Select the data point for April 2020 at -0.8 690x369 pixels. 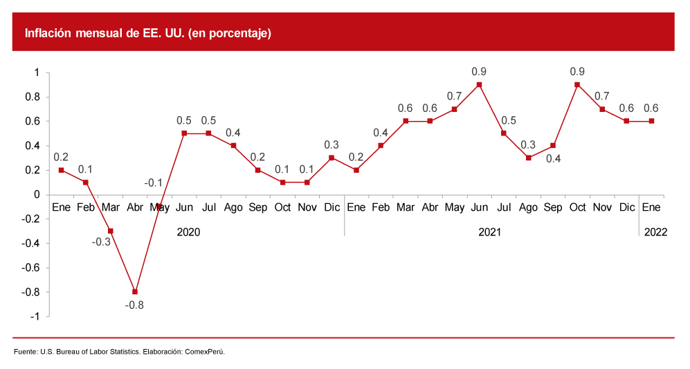pos(135,292)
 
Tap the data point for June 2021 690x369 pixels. pos(479,84)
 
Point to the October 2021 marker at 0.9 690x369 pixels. pos(577,84)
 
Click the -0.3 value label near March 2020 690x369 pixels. pos(101,243)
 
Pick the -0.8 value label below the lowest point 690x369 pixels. pos(134,305)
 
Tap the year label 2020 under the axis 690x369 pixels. pos(188,232)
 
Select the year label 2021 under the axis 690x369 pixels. pos(490,232)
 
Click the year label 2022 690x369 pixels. pos(655,232)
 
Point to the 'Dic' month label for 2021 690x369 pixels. pos(626,207)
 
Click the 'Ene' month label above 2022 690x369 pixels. pos(651,207)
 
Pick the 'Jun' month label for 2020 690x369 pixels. pos(184,207)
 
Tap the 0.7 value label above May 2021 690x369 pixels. pos(454,96)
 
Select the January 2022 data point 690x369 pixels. pos(651,121)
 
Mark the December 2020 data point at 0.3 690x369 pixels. pos(332,158)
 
